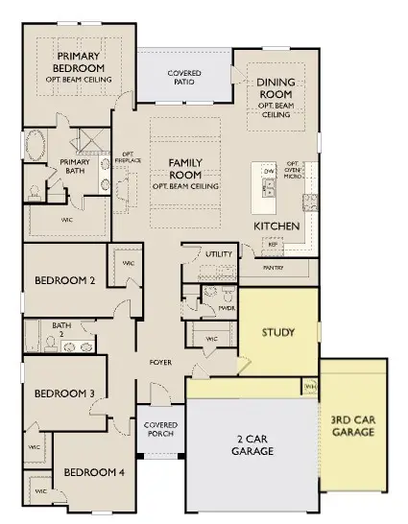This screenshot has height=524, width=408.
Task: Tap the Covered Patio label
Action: click(x=183, y=77)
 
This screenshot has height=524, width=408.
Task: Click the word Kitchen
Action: click(x=276, y=226)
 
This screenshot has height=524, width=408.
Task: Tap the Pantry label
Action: click(x=274, y=268)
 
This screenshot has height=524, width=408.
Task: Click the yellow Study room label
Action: click(x=278, y=333)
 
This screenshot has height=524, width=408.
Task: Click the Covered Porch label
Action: click(x=159, y=431)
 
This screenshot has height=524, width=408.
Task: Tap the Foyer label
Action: click(x=159, y=363)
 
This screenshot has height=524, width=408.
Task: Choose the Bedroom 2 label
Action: click(x=64, y=281)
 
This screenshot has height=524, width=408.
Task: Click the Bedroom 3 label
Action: click(x=63, y=393)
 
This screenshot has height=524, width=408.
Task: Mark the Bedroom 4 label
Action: click(x=93, y=472)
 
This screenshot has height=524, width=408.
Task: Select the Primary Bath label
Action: click(x=75, y=166)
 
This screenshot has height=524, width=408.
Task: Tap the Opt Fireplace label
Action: click(x=127, y=157)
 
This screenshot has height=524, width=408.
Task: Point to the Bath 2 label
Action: click(x=61, y=329)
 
